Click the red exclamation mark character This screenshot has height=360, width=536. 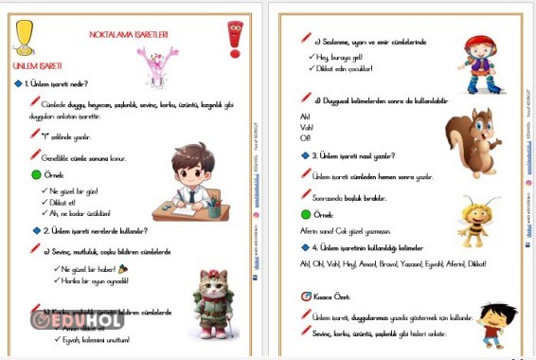[x=236, y=39]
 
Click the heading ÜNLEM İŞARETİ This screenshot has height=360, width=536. [x=37, y=66]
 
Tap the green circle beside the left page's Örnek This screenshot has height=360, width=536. [x=36, y=175]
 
